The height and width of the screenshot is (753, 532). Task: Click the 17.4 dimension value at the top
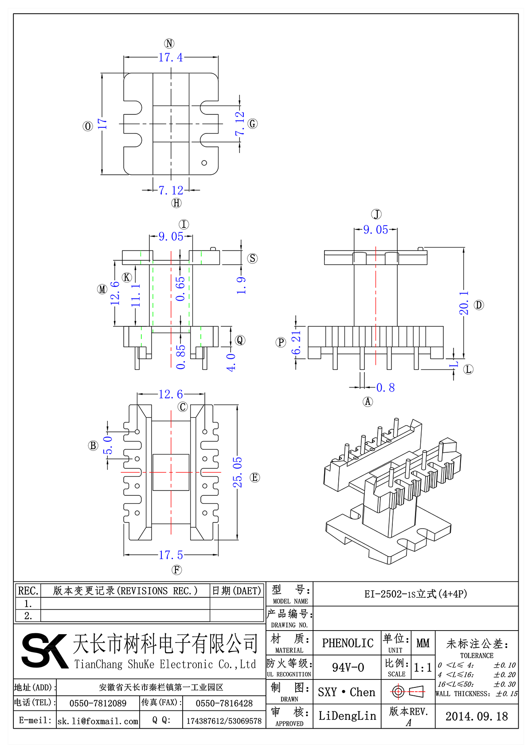(171, 57)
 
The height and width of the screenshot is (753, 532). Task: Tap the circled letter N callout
(169, 43)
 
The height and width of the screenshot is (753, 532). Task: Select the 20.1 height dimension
(464, 303)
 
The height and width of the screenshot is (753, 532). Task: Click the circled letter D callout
(479, 305)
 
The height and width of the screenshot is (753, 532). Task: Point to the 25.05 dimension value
(238, 472)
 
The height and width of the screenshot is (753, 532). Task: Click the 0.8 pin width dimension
(385, 388)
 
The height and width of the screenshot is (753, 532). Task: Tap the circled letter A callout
(368, 402)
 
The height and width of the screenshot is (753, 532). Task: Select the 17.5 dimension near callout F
(171, 555)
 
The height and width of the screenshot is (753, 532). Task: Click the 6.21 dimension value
(296, 342)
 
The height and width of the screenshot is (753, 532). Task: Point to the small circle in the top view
(204, 163)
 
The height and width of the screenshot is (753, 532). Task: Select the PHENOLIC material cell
(348, 643)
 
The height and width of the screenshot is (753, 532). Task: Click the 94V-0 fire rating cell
(348, 667)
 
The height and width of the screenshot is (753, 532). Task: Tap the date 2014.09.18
(477, 716)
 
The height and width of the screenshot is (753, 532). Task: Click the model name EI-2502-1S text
(415, 594)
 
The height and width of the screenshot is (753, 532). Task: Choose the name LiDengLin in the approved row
(347, 716)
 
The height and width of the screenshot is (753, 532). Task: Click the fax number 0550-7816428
(224, 703)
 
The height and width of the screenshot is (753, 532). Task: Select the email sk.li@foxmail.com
(98, 721)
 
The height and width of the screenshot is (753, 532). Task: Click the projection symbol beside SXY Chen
(408, 691)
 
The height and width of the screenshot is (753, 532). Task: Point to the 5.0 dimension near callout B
(108, 445)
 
